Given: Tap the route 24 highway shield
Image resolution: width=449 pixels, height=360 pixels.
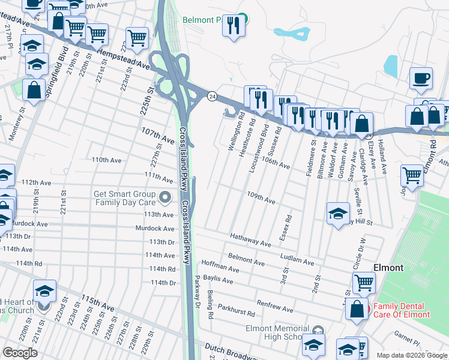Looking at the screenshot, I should (x=212, y=96).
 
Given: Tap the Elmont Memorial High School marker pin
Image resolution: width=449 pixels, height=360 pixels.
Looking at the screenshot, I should (x=318, y=330).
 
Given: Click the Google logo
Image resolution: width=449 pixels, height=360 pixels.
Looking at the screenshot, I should (x=20, y=353).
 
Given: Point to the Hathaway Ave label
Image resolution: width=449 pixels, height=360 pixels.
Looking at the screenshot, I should (x=250, y=241).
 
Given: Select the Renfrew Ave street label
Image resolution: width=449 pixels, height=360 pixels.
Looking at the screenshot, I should (x=274, y=307).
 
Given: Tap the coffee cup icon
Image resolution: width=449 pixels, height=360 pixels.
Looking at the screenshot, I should (x=421, y=78).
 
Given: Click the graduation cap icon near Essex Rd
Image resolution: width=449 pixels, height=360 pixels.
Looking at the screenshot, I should (x=338, y=212).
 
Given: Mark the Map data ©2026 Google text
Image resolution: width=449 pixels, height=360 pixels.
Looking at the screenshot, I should (x=411, y=355).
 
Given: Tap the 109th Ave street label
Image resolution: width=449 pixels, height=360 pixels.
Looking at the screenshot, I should (x=261, y=198).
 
